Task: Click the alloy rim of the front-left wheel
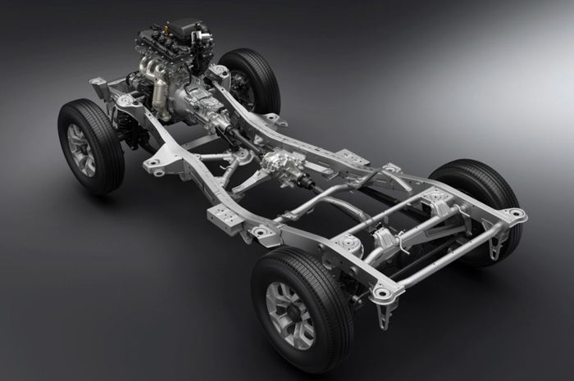click(81, 149)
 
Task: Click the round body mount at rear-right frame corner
click(515, 214)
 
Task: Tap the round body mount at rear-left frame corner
click(382, 292)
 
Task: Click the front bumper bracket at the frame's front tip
click(99, 84)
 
